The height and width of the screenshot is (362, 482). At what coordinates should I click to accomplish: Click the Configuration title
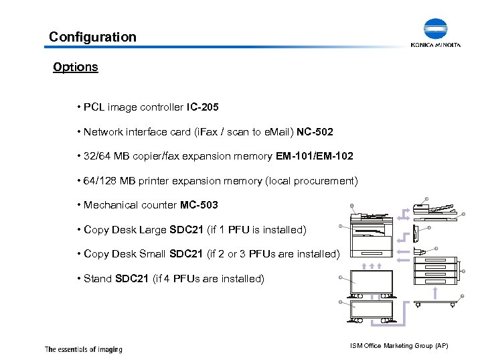click(92, 37)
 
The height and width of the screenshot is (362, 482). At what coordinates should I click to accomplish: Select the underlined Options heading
click(76, 67)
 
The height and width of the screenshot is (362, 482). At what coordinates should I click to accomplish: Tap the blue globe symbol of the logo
click(435, 30)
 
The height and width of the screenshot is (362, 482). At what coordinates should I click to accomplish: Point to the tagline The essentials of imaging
click(83, 349)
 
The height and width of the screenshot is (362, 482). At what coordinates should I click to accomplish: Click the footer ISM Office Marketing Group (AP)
click(399, 345)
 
